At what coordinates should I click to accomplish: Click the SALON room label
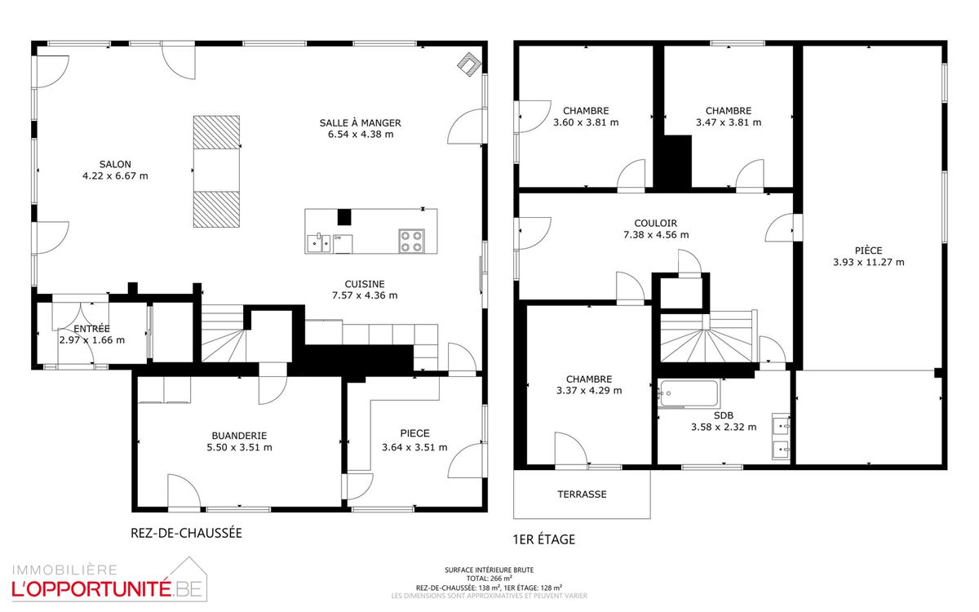click(x=115, y=164)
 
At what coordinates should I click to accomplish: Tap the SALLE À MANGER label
click(x=360, y=123)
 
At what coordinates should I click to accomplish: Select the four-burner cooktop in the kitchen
click(x=411, y=242)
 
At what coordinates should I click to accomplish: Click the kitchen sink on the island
click(x=319, y=243)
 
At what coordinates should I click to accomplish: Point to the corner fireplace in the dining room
click(x=469, y=64)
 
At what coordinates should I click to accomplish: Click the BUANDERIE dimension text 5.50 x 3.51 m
click(x=239, y=447)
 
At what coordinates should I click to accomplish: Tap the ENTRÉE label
click(x=91, y=329)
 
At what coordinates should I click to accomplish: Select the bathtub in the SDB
click(x=689, y=393)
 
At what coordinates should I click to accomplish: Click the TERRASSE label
click(x=582, y=494)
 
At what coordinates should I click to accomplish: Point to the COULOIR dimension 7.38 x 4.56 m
click(x=656, y=235)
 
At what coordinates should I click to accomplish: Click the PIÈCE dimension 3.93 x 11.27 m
click(x=868, y=262)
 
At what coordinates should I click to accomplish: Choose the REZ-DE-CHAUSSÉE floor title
click(x=186, y=533)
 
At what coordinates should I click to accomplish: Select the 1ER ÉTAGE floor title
click(x=543, y=539)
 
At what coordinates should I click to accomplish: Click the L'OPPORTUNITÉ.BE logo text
click(x=107, y=589)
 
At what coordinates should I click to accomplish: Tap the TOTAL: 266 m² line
click(x=489, y=579)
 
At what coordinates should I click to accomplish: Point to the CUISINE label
click(x=365, y=284)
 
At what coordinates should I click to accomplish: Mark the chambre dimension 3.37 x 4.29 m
click(x=589, y=390)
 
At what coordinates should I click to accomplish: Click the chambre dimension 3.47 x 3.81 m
click(x=729, y=122)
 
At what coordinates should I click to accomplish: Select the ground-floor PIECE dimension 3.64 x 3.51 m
click(x=414, y=447)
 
